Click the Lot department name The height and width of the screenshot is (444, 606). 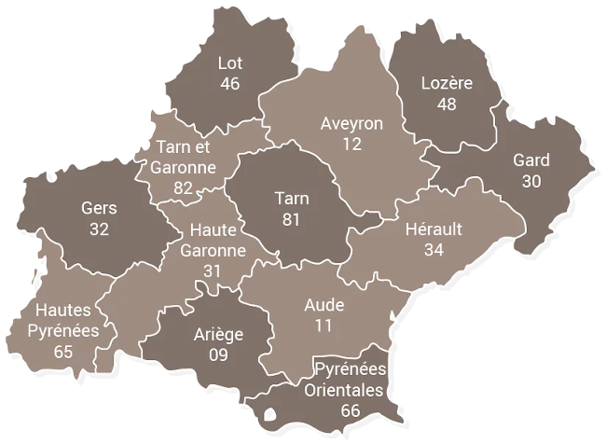(x=230, y=64)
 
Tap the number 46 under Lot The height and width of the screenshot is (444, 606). (x=230, y=85)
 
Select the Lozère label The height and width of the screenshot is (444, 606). (x=447, y=84)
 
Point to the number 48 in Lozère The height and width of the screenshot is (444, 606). (x=447, y=104)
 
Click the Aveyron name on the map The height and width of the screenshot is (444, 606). (x=351, y=124)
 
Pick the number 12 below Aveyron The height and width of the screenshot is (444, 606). (x=351, y=145)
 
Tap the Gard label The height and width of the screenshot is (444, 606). (x=531, y=160)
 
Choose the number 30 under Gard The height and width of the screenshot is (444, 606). (x=531, y=181)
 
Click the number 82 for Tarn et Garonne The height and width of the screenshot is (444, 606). (x=183, y=188)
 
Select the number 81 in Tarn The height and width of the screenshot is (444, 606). (x=292, y=219)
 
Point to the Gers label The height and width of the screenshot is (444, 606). (x=100, y=207)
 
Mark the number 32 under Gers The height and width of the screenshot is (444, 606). (x=100, y=228)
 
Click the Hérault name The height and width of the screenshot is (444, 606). (x=434, y=229)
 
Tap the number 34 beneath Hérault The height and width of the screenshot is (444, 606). (x=434, y=249)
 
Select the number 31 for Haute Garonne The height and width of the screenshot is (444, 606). (x=213, y=271)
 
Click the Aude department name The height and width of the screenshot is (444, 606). (x=324, y=305)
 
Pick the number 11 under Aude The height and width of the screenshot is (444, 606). (x=324, y=326)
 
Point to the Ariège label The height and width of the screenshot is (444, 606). (x=218, y=335)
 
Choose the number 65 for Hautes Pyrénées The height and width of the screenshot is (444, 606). (x=63, y=352)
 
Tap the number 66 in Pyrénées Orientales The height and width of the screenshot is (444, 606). (x=351, y=410)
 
